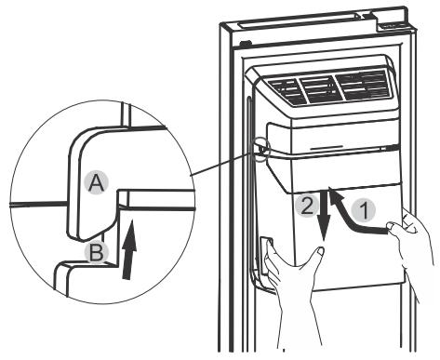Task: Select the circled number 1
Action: pyautogui.click(x=369, y=211)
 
